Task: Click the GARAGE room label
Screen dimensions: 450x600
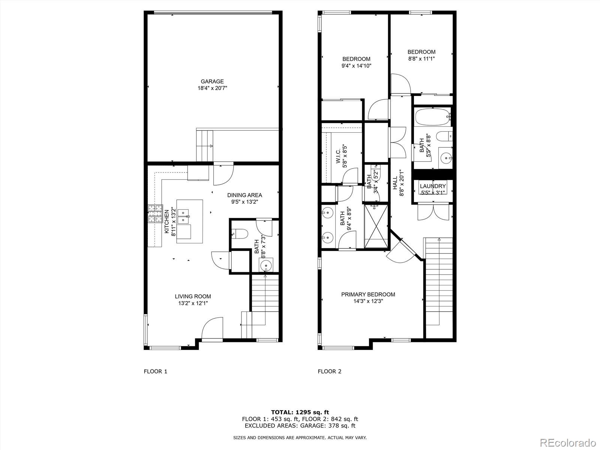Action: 212,81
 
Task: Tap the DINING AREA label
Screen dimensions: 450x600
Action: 244,195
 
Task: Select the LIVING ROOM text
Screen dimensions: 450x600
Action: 193,296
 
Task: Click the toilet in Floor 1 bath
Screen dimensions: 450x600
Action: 240,234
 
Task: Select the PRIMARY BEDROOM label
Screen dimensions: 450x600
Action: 368,294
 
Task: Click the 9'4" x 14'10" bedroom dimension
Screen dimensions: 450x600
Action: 356,66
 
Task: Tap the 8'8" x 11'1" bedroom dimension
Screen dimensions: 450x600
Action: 421,59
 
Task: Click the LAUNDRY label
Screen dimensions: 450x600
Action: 433,186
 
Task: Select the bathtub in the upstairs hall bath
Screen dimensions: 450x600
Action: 432,117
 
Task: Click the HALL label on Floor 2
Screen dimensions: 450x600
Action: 395,183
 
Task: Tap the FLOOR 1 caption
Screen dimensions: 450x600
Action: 155,371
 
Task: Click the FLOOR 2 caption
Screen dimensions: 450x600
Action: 329,371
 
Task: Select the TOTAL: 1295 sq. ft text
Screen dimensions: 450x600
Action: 300,412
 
